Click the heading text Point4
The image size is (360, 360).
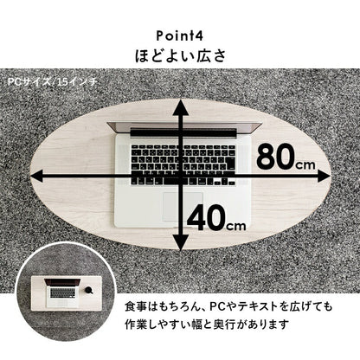coord(180,35)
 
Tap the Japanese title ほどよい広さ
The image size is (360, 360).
coord(180,55)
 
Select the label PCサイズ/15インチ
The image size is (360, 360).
coord(52,82)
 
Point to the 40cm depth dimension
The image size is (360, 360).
coord(216,218)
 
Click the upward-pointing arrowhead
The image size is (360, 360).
coord(181,107)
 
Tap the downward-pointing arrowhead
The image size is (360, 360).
coord(181,241)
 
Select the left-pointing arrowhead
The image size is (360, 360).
coord(38,176)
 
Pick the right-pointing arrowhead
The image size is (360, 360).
coord(322,176)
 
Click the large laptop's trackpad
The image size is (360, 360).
coord(183,207)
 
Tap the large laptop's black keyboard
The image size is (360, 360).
coord(183,164)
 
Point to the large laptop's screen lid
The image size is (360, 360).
coord(184,128)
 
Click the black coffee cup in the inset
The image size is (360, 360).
coord(89,289)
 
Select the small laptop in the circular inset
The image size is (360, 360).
coord(62,292)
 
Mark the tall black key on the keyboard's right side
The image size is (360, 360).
coord(230,164)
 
